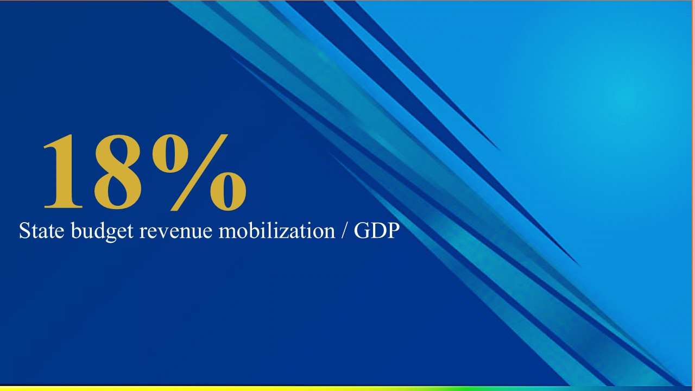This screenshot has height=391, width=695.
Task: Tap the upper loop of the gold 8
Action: [118, 152]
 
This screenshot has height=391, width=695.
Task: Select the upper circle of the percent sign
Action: [170, 154]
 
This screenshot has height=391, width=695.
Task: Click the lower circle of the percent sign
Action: [229, 192]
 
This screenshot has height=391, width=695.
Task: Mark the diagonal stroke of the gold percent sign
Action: [199, 173]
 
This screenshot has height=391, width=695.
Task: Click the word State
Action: [42, 231]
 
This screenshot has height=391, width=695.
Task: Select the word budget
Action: [102, 231]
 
